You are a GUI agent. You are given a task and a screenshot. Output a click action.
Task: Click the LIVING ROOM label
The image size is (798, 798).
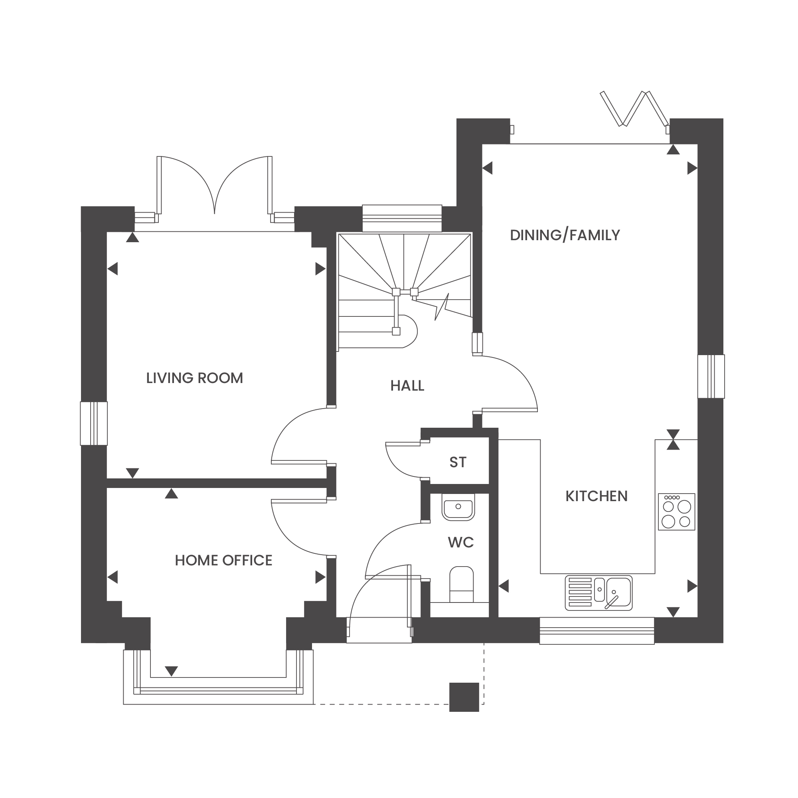click(195, 378)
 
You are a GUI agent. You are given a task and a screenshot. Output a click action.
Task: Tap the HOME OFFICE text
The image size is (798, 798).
click(223, 561)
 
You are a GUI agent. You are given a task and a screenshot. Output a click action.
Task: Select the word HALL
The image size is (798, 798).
click(407, 386)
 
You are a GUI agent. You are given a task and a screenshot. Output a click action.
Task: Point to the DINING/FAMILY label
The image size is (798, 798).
click(565, 235)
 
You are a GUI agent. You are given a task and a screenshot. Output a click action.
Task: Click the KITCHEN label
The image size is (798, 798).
click(597, 496)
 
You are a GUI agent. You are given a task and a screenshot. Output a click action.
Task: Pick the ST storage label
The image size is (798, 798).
click(458, 462)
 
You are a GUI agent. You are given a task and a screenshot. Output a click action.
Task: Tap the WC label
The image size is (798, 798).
click(461, 542)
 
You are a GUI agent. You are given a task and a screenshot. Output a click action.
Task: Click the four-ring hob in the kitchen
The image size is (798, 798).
click(677, 512)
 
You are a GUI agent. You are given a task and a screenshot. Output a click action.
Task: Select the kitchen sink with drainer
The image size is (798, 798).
click(598, 593)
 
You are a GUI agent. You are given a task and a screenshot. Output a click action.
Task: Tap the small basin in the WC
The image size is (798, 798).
click(458, 508)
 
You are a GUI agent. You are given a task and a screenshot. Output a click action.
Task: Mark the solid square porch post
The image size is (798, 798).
click(464, 697)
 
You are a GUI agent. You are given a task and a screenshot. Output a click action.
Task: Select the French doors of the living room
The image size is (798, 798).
click(214, 190)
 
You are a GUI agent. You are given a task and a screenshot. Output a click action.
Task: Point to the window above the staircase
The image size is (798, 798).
click(402, 219)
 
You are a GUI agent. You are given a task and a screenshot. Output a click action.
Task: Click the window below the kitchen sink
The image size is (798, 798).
click(597, 631)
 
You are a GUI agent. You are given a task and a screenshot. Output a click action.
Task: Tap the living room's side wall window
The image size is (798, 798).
click(94, 424)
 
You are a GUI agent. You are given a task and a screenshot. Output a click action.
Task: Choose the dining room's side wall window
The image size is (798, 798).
click(711, 376)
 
